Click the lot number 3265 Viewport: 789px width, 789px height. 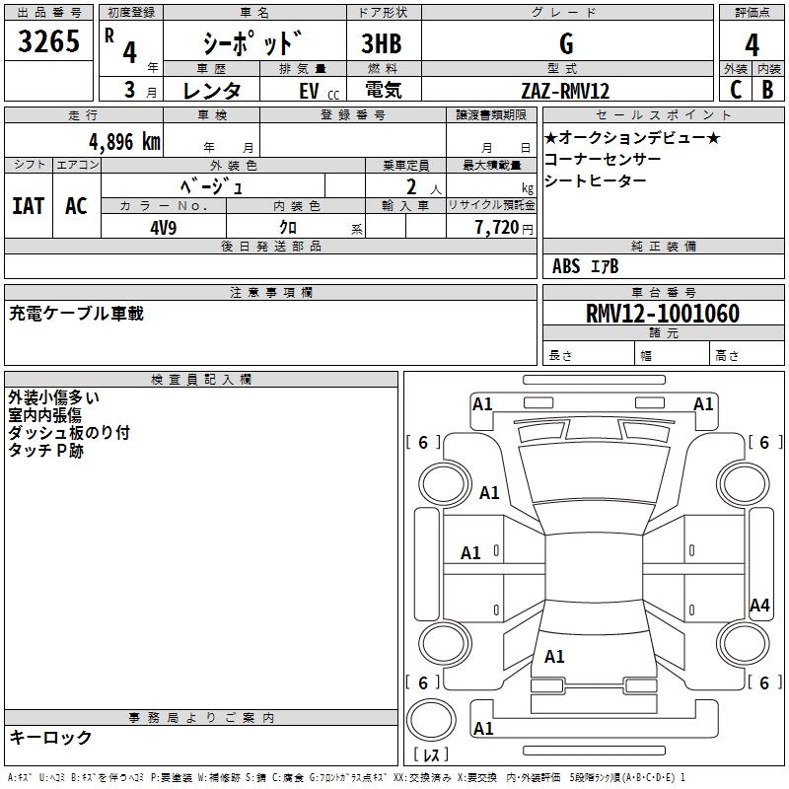[x=49, y=42]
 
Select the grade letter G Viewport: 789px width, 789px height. [x=565, y=43]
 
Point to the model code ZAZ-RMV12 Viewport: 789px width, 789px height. [x=565, y=91]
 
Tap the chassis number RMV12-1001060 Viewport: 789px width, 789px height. [x=662, y=314]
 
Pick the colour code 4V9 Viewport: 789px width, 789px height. [x=164, y=226]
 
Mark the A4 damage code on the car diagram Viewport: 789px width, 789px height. [x=759, y=606]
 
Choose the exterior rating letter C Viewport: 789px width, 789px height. [x=735, y=90]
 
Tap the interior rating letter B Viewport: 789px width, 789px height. [x=767, y=90]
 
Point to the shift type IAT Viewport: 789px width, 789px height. [x=28, y=206]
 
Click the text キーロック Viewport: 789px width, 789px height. [x=50, y=737]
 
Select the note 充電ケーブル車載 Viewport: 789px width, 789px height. [x=77, y=314]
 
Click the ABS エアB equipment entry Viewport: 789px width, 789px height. [x=585, y=266]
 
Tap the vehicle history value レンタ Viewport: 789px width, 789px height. [x=212, y=91]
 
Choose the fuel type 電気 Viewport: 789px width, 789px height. [x=382, y=91]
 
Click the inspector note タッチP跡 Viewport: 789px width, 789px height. [x=46, y=450]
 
